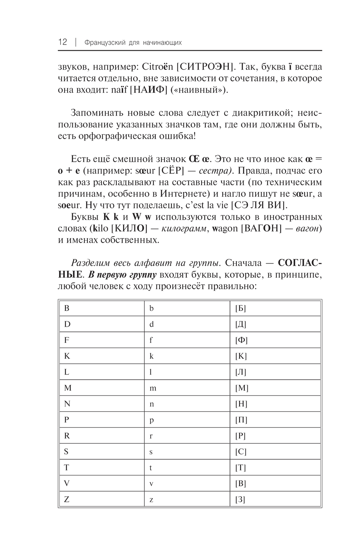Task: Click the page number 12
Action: pos(62,42)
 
